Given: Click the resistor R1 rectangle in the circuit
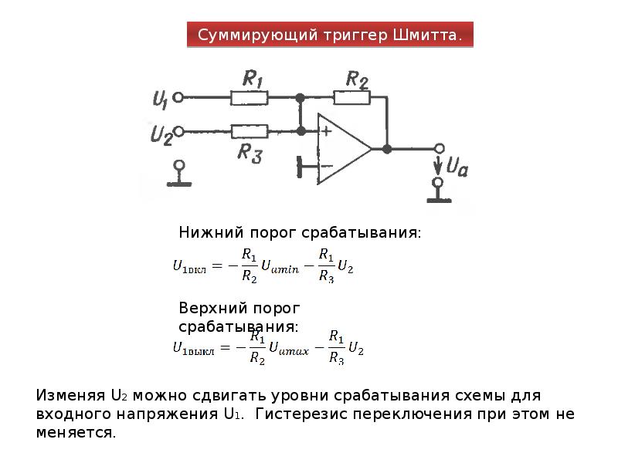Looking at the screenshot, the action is (x=249, y=98).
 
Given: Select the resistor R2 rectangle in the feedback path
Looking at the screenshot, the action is (x=352, y=97).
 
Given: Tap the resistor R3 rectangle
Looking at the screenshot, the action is (x=249, y=131).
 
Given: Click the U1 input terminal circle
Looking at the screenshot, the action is (x=178, y=97).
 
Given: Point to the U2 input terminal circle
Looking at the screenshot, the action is (x=179, y=131).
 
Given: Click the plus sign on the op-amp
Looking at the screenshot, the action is (x=326, y=130).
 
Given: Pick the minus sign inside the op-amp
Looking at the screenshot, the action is (x=327, y=166).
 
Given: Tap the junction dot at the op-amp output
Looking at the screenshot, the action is (x=387, y=149).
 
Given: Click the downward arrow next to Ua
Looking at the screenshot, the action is (x=437, y=166).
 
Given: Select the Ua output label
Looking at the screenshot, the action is (x=457, y=166).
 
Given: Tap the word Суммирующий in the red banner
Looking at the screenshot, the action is (x=257, y=35).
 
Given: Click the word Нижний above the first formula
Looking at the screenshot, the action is (x=211, y=232).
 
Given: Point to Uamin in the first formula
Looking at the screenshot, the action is (x=280, y=266).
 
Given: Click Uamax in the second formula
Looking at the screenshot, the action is (x=289, y=348).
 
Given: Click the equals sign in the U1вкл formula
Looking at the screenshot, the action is (x=217, y=266).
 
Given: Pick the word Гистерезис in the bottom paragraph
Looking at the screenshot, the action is (x=303, y=414).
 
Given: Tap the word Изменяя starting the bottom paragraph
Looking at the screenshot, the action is (x=70, y=395).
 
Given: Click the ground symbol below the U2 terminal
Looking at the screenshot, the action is (x=179, y=174).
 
